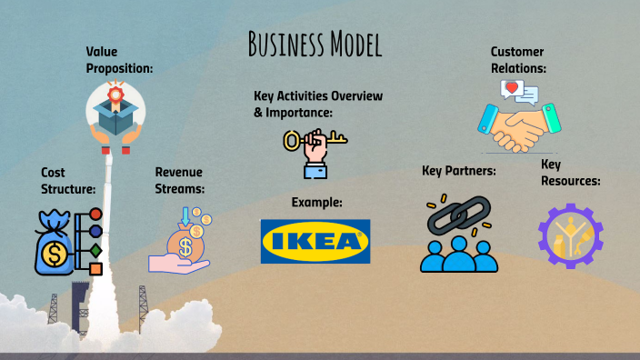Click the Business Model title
pos(314,43)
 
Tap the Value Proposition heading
pos(119,60)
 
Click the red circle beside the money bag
pos(95,215)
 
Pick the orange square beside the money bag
pos(95,267)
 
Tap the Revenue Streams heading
pos(178,180)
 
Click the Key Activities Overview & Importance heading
pos(318,104)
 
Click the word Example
pos(316,202)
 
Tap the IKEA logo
pos(315,241)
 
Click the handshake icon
pos(521,127)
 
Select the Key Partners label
pos(458,171)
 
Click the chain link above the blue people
pos(459,216)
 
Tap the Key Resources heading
pos(570,172)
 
